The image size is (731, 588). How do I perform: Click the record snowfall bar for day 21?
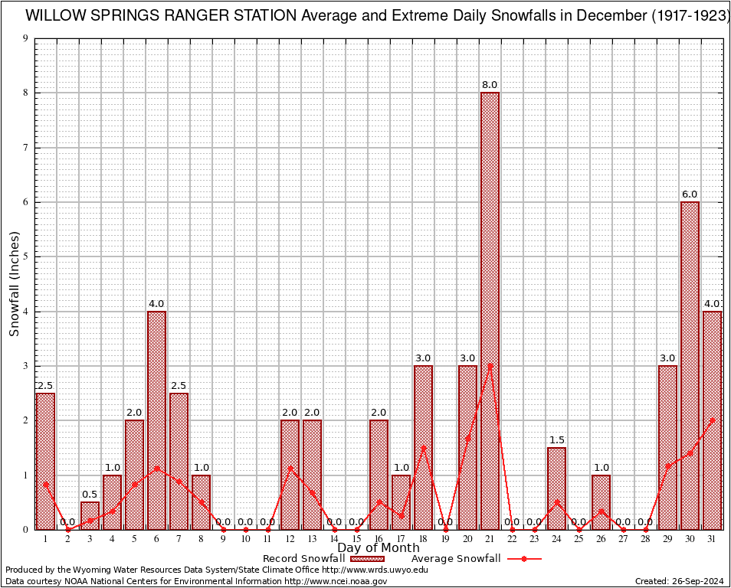coord(490,310)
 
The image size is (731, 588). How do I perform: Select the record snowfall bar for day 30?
coord(690,365)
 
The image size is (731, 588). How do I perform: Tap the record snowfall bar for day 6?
coord(156,420)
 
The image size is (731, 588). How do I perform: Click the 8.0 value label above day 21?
coord(490,85)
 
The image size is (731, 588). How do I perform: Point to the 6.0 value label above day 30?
coord(690,194)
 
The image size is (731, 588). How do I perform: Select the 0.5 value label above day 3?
coord(90,495)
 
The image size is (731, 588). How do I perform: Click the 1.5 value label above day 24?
coord(556,439)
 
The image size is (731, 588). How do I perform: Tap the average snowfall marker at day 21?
coord(490,366)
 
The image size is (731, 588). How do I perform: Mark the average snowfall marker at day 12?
coord(290,467)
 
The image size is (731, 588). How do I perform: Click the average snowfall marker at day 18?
coord(423,448)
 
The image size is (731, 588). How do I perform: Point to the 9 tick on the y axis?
coord(25,38)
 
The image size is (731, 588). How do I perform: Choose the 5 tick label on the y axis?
coord(25,256)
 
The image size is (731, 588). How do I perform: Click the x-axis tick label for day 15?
coord(356,539)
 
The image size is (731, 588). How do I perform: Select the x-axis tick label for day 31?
coord(712,539)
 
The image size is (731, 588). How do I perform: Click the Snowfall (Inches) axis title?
coord(14,283)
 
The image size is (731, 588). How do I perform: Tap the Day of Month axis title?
coord(379,548)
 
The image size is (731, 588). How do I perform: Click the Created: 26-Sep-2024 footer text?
coord(679,581)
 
